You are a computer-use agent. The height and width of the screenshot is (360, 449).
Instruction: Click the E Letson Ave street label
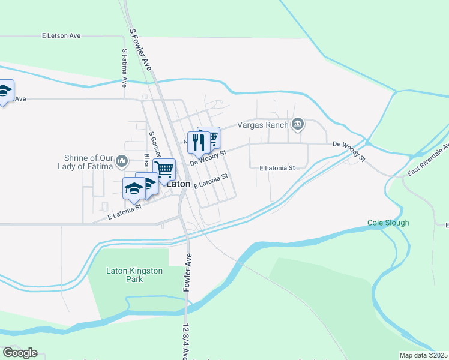(61, 36)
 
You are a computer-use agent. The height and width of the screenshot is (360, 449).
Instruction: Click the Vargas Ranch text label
(263, 125)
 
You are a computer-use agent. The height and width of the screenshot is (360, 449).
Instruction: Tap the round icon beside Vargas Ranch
(297, 125)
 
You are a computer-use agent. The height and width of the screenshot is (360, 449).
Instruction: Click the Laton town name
(179, 184)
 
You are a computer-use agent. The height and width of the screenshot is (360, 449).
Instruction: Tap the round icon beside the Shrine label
(122, 161)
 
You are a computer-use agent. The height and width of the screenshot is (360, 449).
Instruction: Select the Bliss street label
(146, 161)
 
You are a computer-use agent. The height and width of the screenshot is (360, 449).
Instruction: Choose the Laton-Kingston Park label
(134, 275)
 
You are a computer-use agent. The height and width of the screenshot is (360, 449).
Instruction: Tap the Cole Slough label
(388, 223)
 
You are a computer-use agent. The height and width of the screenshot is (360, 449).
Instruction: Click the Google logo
(20, 353)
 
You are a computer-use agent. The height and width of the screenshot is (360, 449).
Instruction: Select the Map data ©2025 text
(424, 355)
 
